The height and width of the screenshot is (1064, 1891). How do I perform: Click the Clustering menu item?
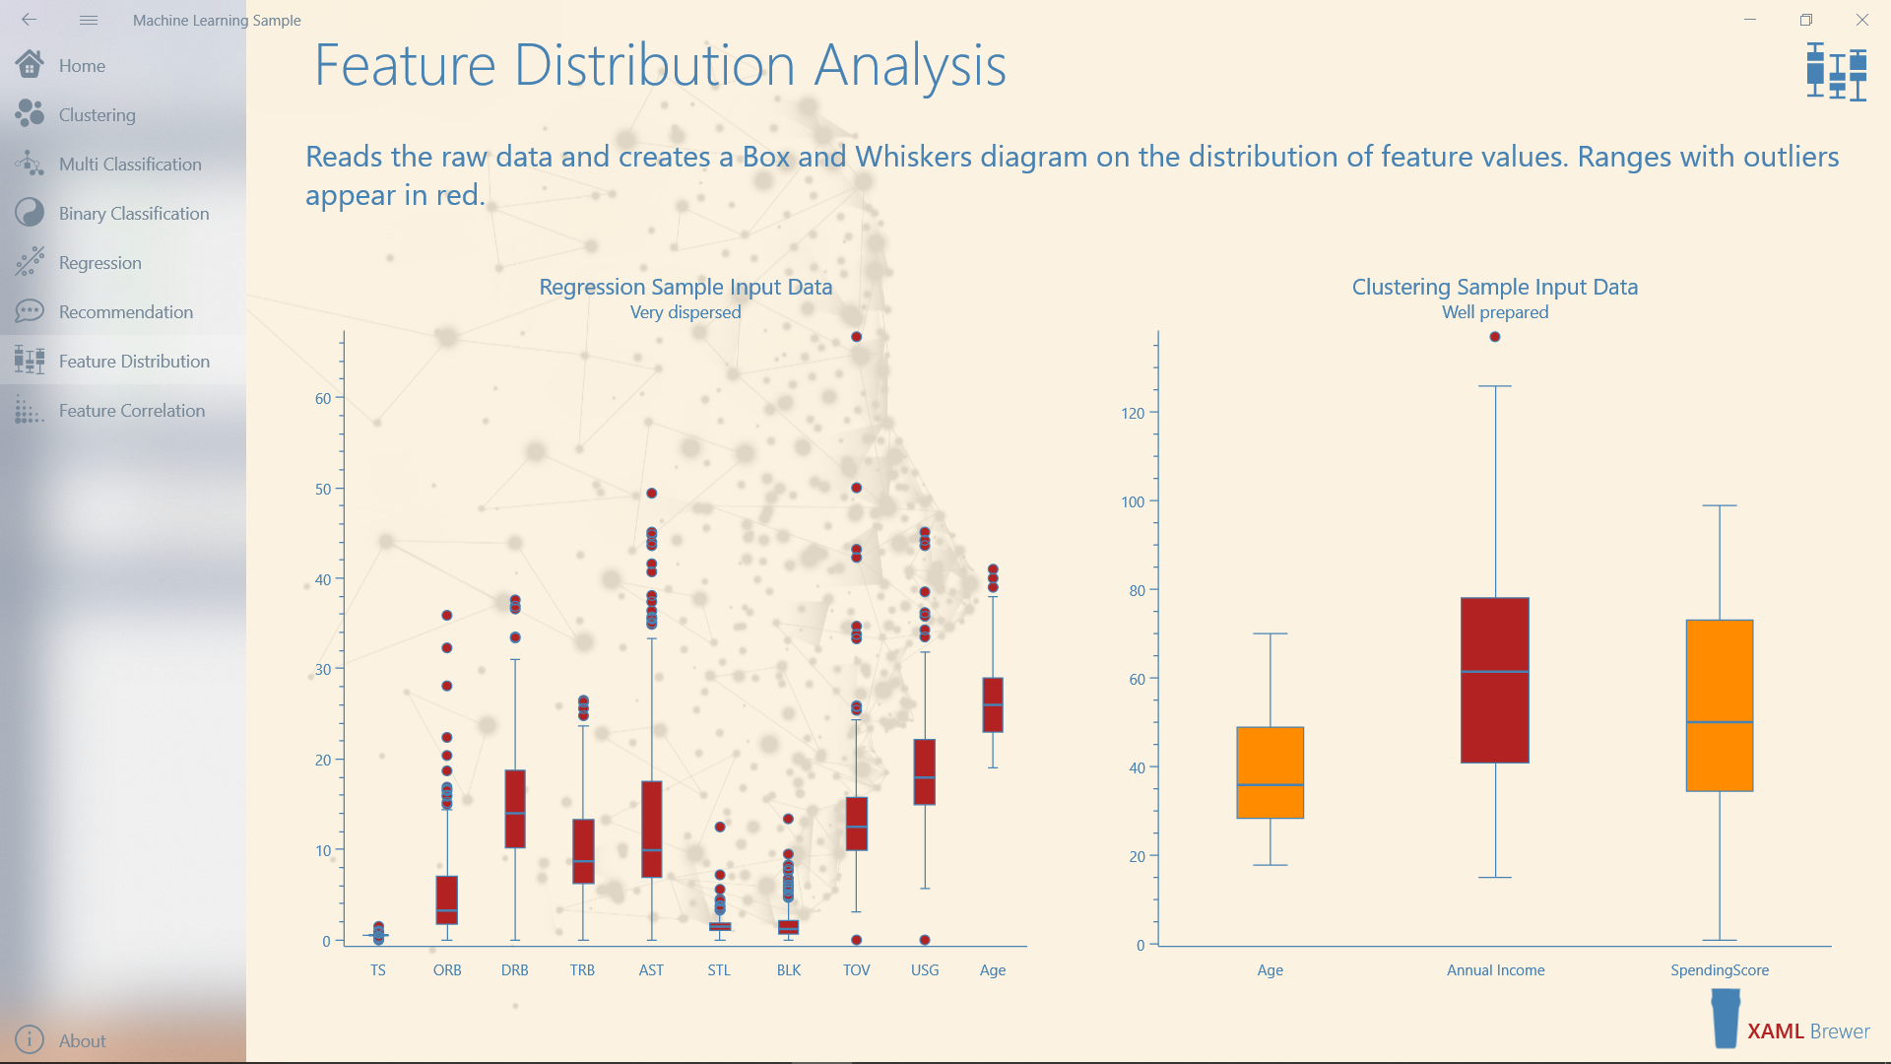pos(97,115)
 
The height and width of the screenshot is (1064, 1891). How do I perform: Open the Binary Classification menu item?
pos(133,214)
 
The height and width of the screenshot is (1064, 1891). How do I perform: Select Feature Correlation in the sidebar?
pos(131,411)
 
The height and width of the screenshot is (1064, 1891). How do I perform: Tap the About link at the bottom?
pos(82,1040)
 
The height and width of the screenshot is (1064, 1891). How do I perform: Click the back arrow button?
pos(29,20)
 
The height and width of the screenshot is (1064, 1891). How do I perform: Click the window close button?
pos(1861,20)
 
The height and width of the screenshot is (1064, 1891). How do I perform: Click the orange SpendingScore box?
pos(1719,705)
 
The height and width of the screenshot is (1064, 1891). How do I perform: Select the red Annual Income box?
pos(1494,680)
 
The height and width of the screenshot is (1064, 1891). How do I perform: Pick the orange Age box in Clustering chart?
pos(1270,772)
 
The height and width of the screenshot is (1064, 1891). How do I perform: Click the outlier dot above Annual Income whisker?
pos(1495,337)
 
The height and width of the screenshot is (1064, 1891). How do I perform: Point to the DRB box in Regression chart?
pos(514,809)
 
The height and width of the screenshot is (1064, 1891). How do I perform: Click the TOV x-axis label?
pos(856,970)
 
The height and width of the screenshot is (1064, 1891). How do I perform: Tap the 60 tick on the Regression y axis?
pos(323,399)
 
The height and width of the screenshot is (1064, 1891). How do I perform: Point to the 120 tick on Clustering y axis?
pos(1133,414)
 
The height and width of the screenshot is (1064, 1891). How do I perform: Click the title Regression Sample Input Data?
pos(685,287)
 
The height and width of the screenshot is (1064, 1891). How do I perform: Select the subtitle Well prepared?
pos(1495,312)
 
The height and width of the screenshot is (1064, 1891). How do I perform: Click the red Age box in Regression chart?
pos(993,704)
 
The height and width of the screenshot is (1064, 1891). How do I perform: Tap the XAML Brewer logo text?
pos(1807,1031)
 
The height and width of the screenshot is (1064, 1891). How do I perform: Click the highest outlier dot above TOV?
pos(857,337)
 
